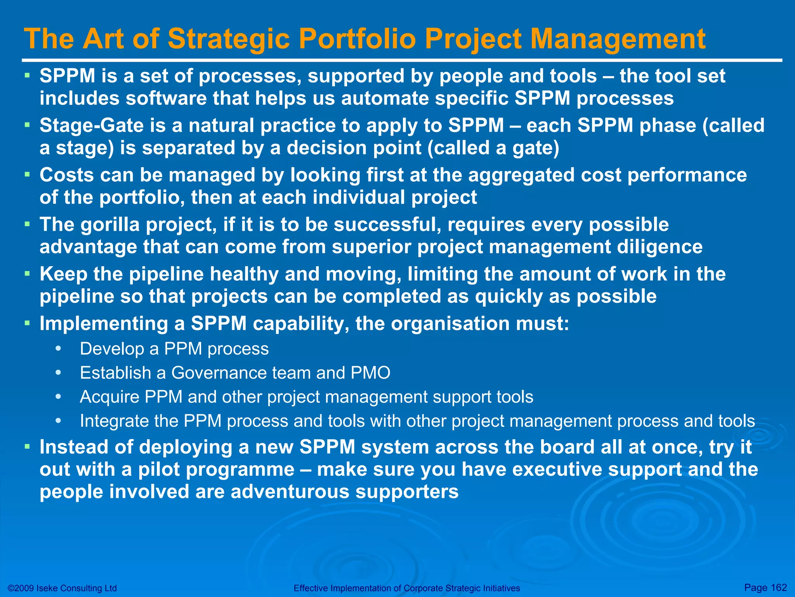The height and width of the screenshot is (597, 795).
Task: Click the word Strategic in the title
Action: (x=229, y=40)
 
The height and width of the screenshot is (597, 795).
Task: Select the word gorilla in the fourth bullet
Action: (x=110, y=225)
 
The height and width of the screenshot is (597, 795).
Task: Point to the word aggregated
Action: (x=521, y=175)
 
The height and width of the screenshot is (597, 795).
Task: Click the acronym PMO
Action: (x=370, y=373)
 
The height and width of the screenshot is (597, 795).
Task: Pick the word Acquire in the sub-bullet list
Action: (x=109, y=397)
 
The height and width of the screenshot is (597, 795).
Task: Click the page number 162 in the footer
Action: (x=778, y=587)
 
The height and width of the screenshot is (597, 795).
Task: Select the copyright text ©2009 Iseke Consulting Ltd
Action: (x=62, y=588)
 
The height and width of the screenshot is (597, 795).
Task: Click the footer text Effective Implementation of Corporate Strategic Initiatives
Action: (x=406, y=588)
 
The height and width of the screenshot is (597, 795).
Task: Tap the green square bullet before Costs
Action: (x=27, y=175)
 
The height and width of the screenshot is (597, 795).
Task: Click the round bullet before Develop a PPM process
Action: (x=58, y=349)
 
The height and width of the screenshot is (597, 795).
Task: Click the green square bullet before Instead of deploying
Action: (x=27, y=447)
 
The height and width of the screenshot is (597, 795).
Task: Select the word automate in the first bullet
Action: (x=385, y=98)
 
